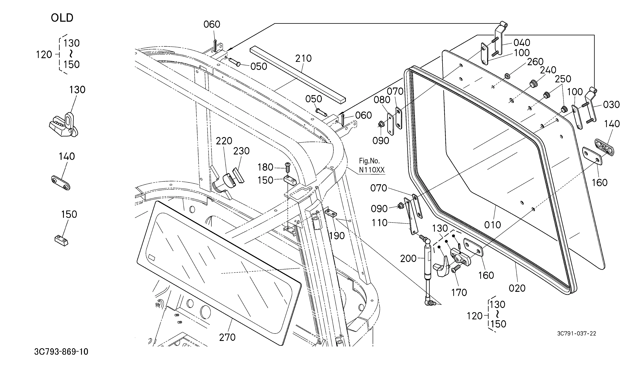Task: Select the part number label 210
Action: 303,58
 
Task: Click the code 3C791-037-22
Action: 577,333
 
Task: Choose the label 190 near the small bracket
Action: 337,236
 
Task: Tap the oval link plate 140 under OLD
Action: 61,183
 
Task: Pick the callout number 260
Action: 535,62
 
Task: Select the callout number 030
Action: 611,105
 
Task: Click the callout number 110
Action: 380,223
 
